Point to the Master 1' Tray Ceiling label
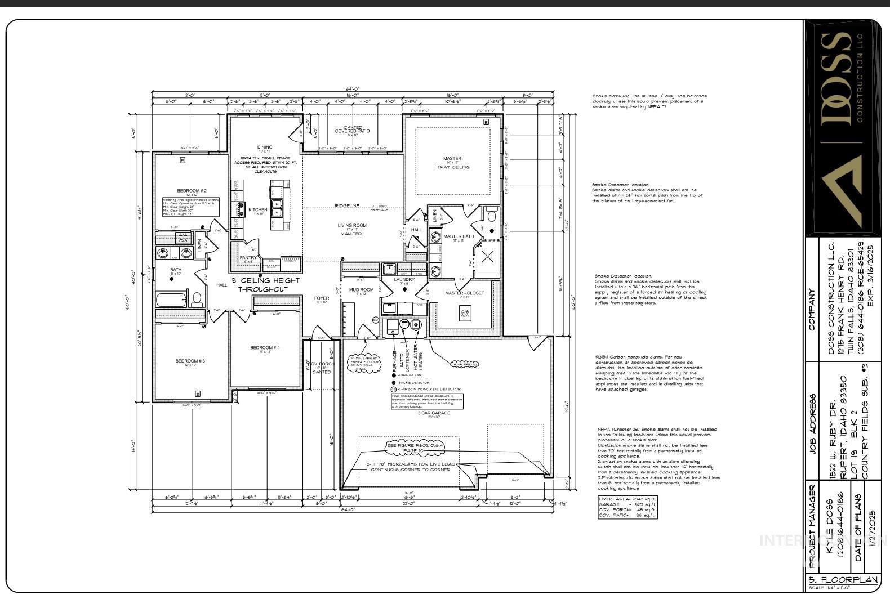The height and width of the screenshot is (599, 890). click(x=452, y=163)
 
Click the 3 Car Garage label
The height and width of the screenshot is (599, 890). click(x=434, y=414)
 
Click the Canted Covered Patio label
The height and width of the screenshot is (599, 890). click(x=353, y=129)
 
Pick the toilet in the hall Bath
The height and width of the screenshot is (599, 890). click(x=197, y=298)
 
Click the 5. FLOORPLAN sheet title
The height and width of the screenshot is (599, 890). click(x=843, y=580)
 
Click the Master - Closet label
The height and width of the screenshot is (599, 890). click(x=464, y=293)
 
